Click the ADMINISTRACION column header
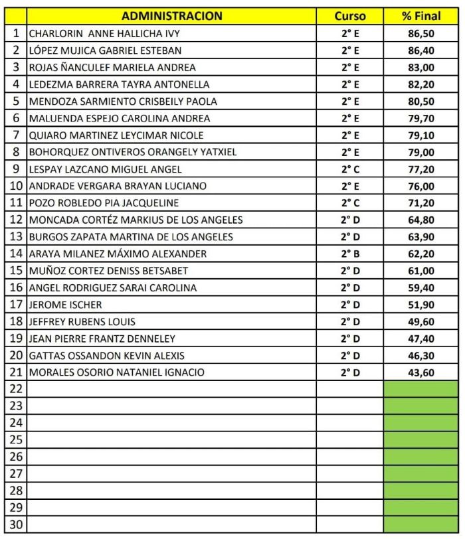tap(172, 16)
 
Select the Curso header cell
tap(349, 16)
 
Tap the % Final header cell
tap(421, 16)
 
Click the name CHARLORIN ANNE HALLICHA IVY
tap(104, 33)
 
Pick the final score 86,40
tap(421, 50)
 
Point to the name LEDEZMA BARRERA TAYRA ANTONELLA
tap(119, 84)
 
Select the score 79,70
tap(421, 118)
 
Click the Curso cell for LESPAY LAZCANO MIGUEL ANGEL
tap(350, 169)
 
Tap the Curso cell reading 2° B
tap(350, 254)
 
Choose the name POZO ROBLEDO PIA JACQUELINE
tap(103, 203)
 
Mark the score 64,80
tap(421, 220)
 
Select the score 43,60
tap(421, 372)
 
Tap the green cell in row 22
tap(421, 389)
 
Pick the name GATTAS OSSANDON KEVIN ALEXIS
tap(107, 356)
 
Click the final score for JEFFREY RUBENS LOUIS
tap(421, 322)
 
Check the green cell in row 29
tap(421, 508)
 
